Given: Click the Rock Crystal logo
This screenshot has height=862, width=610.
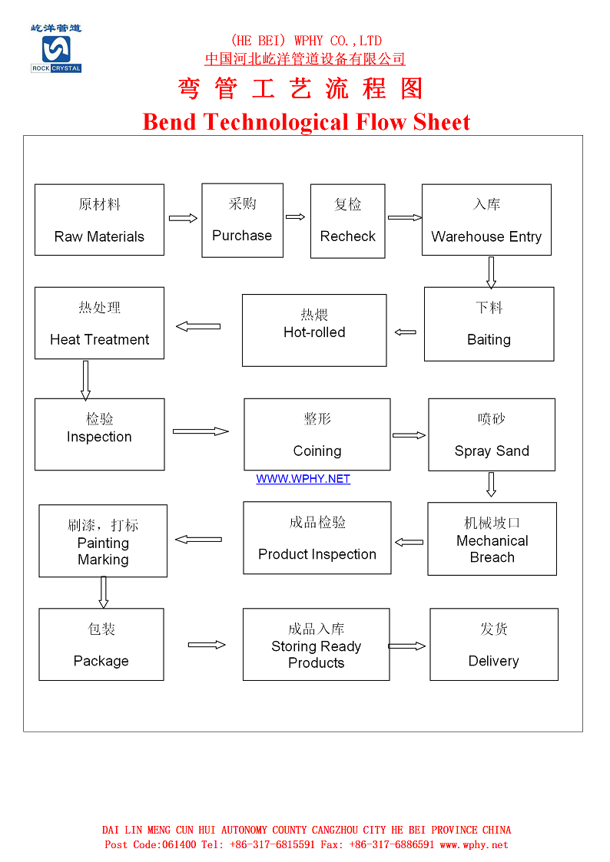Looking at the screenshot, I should click(56, 49).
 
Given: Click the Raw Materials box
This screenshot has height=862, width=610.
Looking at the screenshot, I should click(99, 220).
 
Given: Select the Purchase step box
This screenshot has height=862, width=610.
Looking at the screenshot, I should click(242, 220).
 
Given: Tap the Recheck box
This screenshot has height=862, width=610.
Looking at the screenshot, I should click(347, 220).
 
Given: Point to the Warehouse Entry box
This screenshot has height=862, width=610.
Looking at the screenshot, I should click(486, 220).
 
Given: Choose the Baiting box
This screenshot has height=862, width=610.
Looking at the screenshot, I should click(489, 324).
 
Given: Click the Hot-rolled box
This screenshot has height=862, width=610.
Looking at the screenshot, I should click(314, 330).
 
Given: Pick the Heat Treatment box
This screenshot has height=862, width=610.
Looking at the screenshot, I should click(99, 323).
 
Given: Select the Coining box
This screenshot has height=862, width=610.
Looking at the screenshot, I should click(317, 434).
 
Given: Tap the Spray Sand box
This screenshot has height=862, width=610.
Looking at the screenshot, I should click(492, 434).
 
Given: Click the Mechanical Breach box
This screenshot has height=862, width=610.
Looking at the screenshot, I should click(492, 539).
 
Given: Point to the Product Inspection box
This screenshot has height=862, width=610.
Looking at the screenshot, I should click(317, 538).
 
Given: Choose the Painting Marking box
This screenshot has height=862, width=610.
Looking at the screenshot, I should click(103, 541).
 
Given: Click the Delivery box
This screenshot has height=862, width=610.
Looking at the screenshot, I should click(493, 645).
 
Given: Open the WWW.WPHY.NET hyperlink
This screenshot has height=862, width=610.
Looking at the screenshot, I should click(303, 479).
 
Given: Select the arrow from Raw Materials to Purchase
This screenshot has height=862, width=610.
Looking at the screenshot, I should click(183, 219).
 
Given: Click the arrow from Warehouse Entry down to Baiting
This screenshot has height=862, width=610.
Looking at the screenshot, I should click(491, 272).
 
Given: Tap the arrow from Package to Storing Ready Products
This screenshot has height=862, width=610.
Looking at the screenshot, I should click(207, 645).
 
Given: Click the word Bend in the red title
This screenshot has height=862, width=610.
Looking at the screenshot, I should click(170, 122).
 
